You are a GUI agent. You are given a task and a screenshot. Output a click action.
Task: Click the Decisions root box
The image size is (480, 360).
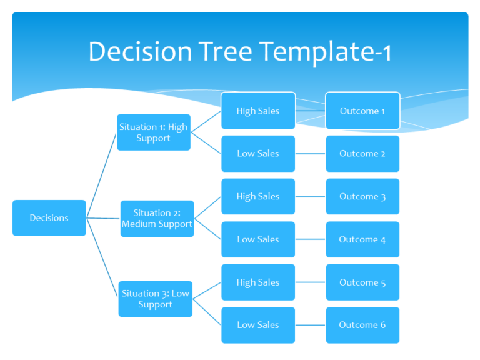[49, 218]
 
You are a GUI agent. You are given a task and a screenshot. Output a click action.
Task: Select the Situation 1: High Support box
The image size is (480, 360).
[153, 132]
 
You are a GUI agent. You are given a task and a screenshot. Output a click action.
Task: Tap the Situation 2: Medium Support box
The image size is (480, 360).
[157, 219]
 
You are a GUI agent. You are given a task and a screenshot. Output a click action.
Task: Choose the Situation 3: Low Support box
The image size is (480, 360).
[155, 299]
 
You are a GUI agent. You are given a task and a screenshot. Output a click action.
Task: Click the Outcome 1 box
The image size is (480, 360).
[362, 111]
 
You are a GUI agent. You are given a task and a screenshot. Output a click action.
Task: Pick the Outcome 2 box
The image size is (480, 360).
[362, 154]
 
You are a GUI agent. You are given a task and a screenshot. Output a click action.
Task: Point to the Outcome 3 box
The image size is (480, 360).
[362, 196]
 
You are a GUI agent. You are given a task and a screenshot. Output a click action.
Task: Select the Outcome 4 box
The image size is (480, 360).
[362, 239]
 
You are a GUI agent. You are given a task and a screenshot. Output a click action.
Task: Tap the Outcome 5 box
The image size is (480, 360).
[362, 282]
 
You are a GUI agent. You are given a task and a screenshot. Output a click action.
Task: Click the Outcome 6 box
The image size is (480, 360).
[362, 325]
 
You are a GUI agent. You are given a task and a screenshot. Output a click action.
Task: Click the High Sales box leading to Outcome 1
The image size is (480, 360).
[257, 111]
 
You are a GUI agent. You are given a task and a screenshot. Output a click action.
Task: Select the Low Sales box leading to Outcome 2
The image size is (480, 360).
[257, 154]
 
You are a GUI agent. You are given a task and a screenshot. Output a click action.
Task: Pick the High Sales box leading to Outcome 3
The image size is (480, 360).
[257, 196]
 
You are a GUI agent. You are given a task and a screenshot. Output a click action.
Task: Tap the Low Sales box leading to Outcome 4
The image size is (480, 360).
[257, 239]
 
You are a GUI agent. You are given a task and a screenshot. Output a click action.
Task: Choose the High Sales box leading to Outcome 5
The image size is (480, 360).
[257, 282]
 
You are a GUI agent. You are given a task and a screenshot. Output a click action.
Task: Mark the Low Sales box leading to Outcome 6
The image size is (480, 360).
[257, 325]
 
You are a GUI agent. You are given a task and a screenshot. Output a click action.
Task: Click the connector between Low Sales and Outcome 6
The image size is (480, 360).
[310, 325]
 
